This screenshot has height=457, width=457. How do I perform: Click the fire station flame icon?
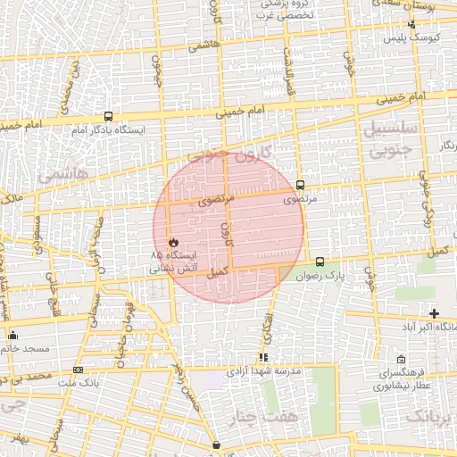coord(173,242)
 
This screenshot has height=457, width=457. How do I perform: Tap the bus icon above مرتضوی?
coord(299,186)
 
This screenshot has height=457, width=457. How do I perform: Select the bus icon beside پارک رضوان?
coord(320,262)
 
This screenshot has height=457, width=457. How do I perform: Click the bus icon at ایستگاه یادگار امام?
coord(108,116)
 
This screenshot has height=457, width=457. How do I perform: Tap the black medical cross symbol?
coord(435,313)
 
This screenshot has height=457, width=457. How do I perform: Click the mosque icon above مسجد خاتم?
coord(12,335)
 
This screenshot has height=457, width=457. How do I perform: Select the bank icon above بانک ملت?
coord(79,370)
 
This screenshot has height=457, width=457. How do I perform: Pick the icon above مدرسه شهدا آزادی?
coord(262,357)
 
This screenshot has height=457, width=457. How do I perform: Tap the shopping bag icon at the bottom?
coord(216,444)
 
